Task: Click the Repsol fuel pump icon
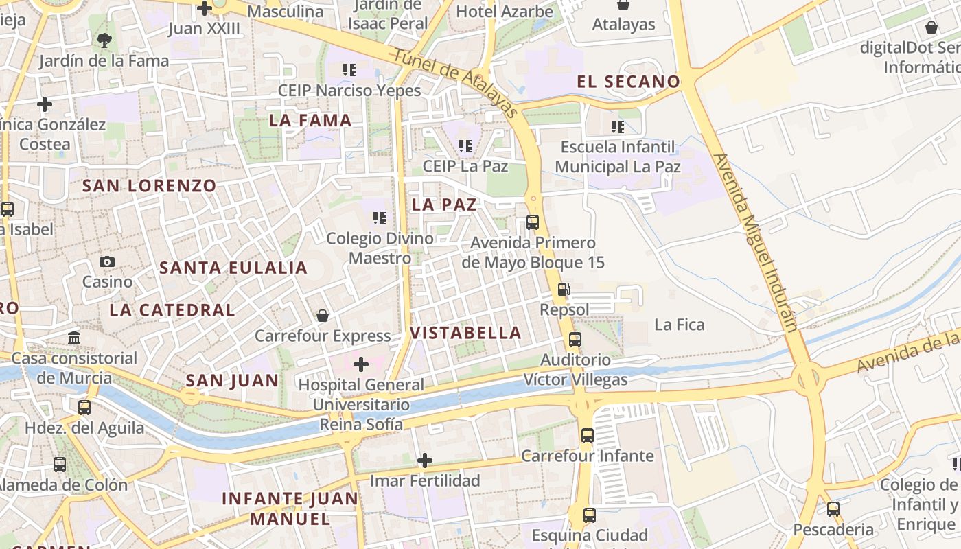tap(564, 290)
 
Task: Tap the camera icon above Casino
tap(107, 261)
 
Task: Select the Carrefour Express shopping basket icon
tap(322, 316)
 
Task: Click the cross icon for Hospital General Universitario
tap(361, 364)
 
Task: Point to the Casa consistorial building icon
tap(74, 338)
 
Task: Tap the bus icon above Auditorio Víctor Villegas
tap(575, 340)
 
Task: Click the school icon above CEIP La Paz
tap(465, 145)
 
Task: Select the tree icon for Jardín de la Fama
tap(104, 40)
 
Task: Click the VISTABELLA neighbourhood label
tap(465, 333)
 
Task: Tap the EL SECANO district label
tap(628, 82)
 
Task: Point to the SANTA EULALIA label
tap(233, 268)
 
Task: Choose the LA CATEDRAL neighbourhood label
tap(172, 310)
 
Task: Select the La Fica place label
tap(680, 325)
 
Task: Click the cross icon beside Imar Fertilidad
tap(425, 460)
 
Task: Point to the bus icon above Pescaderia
tap(833, 509)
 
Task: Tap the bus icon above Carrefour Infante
tap(587, 435)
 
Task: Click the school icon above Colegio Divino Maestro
tap(379, 218)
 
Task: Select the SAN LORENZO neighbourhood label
tap(149, 185)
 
